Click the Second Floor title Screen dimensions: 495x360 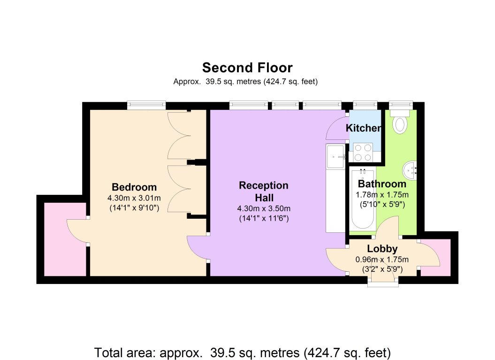pyautogui.click(x=247, y=68)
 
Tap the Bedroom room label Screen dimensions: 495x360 pyautogui.click(x=134, y=187)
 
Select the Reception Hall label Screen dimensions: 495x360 pyautogui.click(x=264, y=191)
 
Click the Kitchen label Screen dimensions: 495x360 pyautogui.click(x=364, y=128)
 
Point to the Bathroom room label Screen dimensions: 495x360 pyautogui.click(x=382, y=184)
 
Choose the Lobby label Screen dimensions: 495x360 pyautogui.click(x=382, y=248)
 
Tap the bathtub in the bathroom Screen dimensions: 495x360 pyautogui.click(x=363, y=199)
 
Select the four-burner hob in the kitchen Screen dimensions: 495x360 pyautogui.click(x=363, y=152)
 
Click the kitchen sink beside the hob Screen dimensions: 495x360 pyautogui.click(x=335, y=157)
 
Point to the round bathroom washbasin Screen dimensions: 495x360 pyautogui.click(x=410, y=170)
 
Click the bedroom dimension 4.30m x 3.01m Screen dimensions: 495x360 pyautogui.click(x=134, y=198)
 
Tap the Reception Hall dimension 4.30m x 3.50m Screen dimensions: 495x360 pyautogui.click(x=264, y=208)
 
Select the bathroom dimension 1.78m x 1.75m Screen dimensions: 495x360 pyautogui.click(x=382, y=194)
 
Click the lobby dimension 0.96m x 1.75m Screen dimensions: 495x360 pyautogui.click(x=382, y=260)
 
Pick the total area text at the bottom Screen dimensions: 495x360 pyautogui.click(x=243, y=352)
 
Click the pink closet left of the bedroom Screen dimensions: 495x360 pyautogui.click(x=65, y=239)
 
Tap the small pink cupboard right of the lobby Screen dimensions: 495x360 pyautogui.click(x=436, y=257)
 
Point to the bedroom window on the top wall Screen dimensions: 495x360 pyautogui.click(x=146, y=105)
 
